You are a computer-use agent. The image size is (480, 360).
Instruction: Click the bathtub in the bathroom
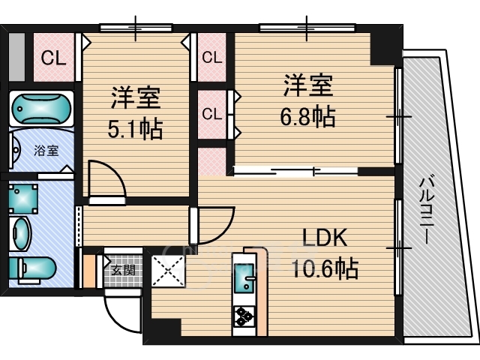41,109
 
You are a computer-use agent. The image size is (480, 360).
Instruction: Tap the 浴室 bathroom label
46,151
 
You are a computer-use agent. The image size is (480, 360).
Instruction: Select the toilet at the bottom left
32,268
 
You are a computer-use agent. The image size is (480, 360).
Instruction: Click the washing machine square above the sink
23,198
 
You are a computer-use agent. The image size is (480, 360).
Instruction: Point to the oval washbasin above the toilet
21,235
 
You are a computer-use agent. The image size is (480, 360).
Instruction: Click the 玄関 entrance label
123,270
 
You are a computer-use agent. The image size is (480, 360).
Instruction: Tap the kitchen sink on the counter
244,278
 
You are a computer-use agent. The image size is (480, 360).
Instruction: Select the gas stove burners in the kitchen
244,316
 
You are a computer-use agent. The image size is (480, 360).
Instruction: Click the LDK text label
325,238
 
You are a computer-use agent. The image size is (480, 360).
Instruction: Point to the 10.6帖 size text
325,268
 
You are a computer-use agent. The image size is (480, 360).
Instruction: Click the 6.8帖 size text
307,117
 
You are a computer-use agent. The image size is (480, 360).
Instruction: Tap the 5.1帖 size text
135,129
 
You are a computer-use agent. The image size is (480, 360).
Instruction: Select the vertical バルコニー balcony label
427,211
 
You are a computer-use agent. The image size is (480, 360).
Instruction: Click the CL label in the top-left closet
53,58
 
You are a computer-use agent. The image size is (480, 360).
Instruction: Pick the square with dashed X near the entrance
168,271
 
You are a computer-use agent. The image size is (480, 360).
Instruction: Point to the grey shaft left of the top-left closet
16,57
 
